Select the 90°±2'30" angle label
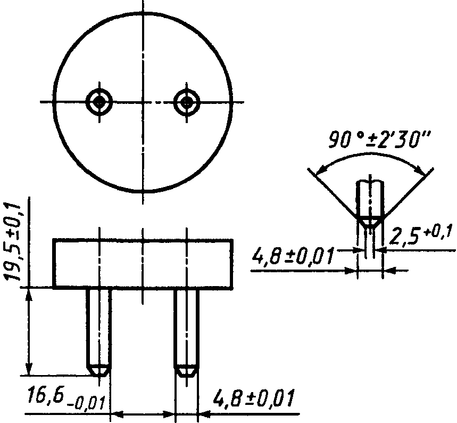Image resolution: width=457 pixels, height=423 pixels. pos(379,140)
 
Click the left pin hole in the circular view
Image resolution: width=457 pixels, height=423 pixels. pos(99,102)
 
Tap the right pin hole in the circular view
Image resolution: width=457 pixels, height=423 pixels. pos(187,102)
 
